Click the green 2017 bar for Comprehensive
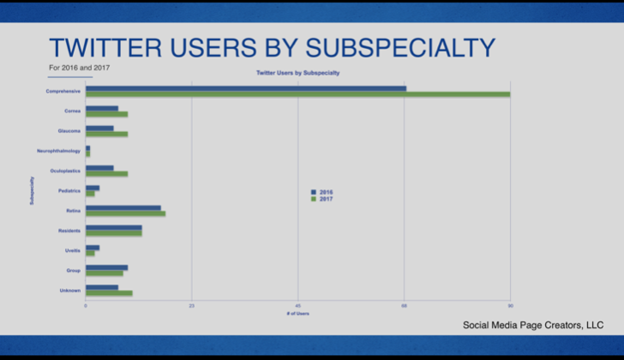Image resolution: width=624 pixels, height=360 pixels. [297, 94]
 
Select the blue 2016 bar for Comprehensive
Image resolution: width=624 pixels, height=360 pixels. [246, 88]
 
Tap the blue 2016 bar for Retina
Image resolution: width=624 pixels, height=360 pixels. [123, 207]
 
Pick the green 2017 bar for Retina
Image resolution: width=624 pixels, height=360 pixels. [125, 213]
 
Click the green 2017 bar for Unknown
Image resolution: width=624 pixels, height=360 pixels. [109, 293]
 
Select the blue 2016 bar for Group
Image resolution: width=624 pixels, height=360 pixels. [106, 267]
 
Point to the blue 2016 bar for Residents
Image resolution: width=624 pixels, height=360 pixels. [113, 227]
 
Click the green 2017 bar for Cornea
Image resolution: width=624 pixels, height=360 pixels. [106, 114]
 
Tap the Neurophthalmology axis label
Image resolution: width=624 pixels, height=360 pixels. [58, 152]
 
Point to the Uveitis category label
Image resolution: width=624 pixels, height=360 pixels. [72, 250]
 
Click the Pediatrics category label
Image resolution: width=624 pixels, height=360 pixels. [69, 190]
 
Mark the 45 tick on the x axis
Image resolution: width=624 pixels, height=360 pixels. [298, 306]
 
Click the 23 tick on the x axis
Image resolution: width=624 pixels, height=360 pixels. [192, 306]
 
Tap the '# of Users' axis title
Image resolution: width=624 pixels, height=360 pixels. [298, 314]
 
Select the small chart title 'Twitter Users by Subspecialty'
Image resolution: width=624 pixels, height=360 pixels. [298, 74]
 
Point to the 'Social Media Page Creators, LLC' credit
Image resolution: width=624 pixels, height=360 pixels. [533, 325]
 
